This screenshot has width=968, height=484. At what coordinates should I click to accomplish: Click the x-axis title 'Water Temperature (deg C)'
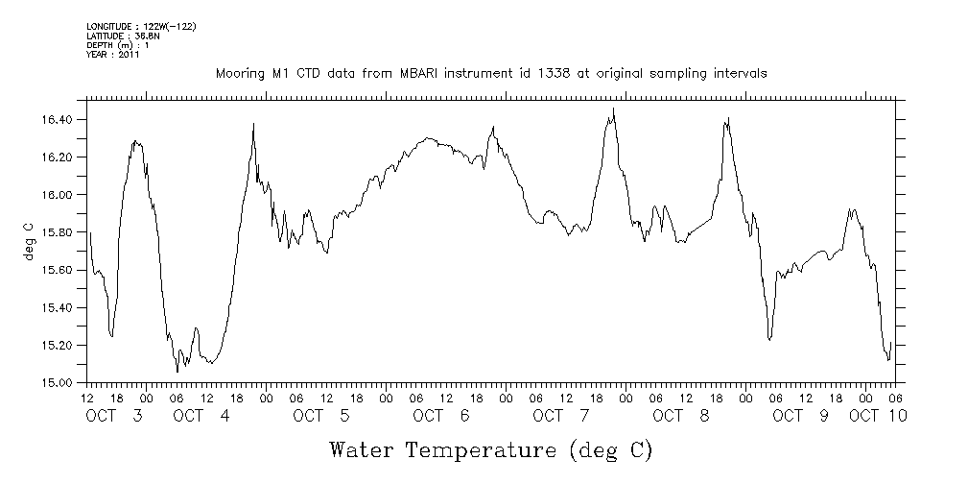[x=492, y=449]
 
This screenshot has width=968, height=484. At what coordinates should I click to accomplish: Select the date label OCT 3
[x=115, y=416]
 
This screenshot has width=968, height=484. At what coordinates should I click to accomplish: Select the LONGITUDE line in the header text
[x=141, y=26]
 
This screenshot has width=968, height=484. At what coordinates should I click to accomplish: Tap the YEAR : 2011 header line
[x=113, y=55]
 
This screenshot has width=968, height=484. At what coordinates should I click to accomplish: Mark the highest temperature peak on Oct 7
[x=614, y=109]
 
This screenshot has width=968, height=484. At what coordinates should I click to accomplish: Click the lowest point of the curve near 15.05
[x=177, y=372]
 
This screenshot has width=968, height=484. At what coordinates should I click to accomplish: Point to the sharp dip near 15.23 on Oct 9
[x=769, y=339]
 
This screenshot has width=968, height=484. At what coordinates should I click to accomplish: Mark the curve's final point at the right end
[x=891, y=342]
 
